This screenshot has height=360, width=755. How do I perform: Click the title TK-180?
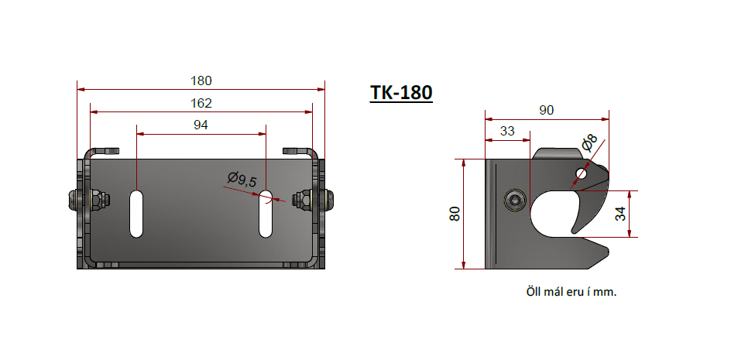pyautogui.click(x=400, y=92)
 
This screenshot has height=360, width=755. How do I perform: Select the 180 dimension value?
pyautogui.click(x=201, y=81)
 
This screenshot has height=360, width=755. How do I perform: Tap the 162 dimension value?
pyautogui.click(x=201, y=103)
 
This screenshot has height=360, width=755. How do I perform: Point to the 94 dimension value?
pyautogui.click(x=201, y=125)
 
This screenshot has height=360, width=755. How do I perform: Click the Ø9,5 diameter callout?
pyautogui.click(x=242, y=180)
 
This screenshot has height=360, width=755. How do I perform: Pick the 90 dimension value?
pyautogui.click(x=546, y=111)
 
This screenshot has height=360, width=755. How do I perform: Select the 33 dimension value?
pyautogui.click(x=507, y=132)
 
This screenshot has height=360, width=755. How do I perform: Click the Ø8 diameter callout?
pyautogui.click(x=588, y=143)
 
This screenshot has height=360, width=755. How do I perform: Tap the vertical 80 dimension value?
pyautogui.click(x=455, y=214)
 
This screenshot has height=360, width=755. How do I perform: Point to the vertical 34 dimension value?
pyautogui.click(x=620, y=214)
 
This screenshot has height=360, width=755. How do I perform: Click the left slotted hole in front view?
pyautogui.click(x=136, y=213)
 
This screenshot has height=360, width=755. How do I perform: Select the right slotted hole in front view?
pyautogui.click(x=266, y=213)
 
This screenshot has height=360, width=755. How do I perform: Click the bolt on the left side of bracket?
pyautogui.click(x=79, y=201)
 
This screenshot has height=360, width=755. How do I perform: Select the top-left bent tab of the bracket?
pyautogui.click(x=103, y=150)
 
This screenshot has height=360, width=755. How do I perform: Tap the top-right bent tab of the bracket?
pyautogui.click(x=298, y=150)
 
